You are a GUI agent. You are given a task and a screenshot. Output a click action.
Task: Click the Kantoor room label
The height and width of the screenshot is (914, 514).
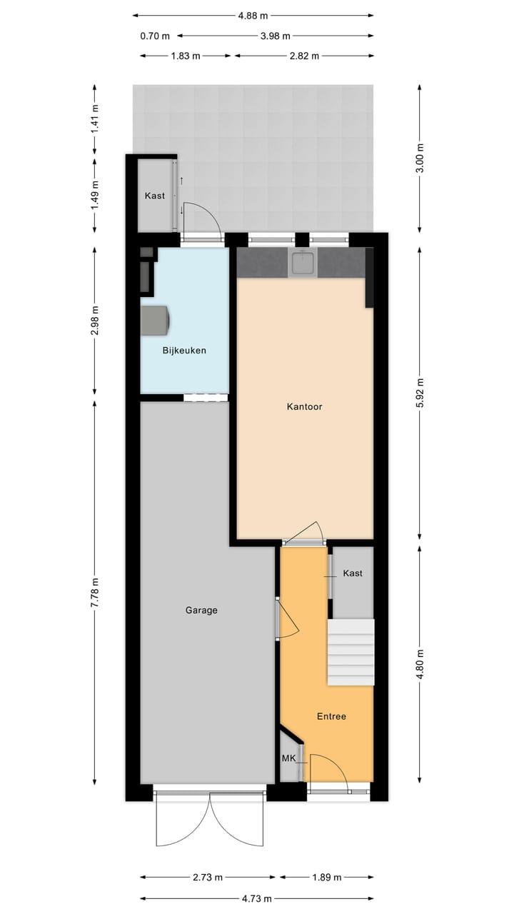[x=305, y=407]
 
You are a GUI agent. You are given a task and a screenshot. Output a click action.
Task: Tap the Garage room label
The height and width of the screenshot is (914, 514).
[x=201, y=611]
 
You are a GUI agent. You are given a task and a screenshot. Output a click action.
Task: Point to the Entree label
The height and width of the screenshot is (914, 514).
[x=331, y=716]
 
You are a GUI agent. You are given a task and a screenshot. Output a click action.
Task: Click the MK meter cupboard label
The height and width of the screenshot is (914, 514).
[x=288, y=758]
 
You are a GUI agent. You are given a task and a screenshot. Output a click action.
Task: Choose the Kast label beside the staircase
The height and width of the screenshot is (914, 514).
[x=353, y=573]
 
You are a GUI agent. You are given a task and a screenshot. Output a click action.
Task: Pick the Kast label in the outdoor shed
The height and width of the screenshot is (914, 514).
[x=155, y=196]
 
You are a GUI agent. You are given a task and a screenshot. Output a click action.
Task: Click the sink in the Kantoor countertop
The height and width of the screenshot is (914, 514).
[x=303, y=263]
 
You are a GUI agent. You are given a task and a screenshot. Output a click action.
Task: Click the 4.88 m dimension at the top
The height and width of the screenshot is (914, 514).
[x=253, y=15]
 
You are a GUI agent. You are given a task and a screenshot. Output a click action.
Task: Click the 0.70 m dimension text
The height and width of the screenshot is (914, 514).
[x=155, y=36]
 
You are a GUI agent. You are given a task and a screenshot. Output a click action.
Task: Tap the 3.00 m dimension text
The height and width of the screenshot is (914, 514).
[x=420, y=158]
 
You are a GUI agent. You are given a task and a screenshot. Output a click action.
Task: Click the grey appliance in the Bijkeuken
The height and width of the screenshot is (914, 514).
[x=155, y=320]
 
